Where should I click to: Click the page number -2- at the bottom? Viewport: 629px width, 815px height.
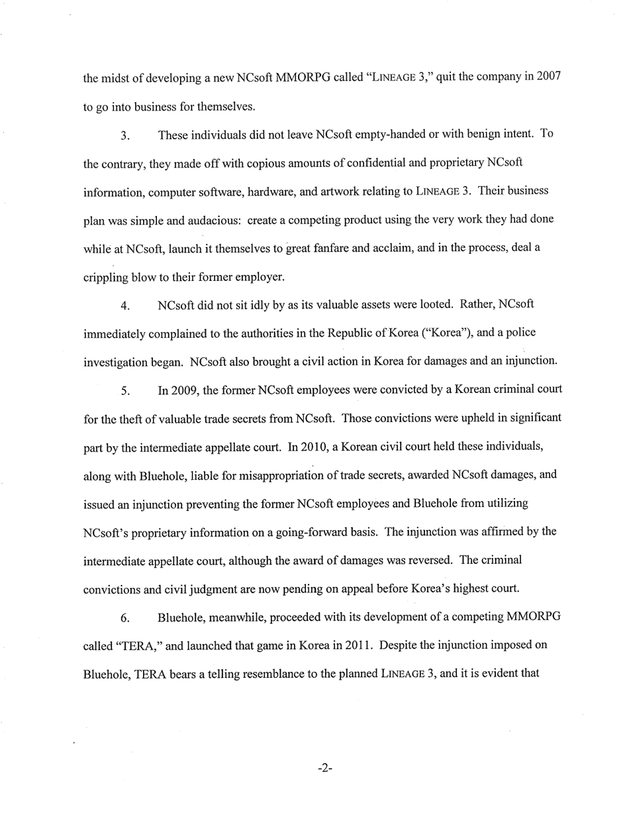coord(324,769)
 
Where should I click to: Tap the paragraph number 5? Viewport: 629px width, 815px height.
coord(124,392)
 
